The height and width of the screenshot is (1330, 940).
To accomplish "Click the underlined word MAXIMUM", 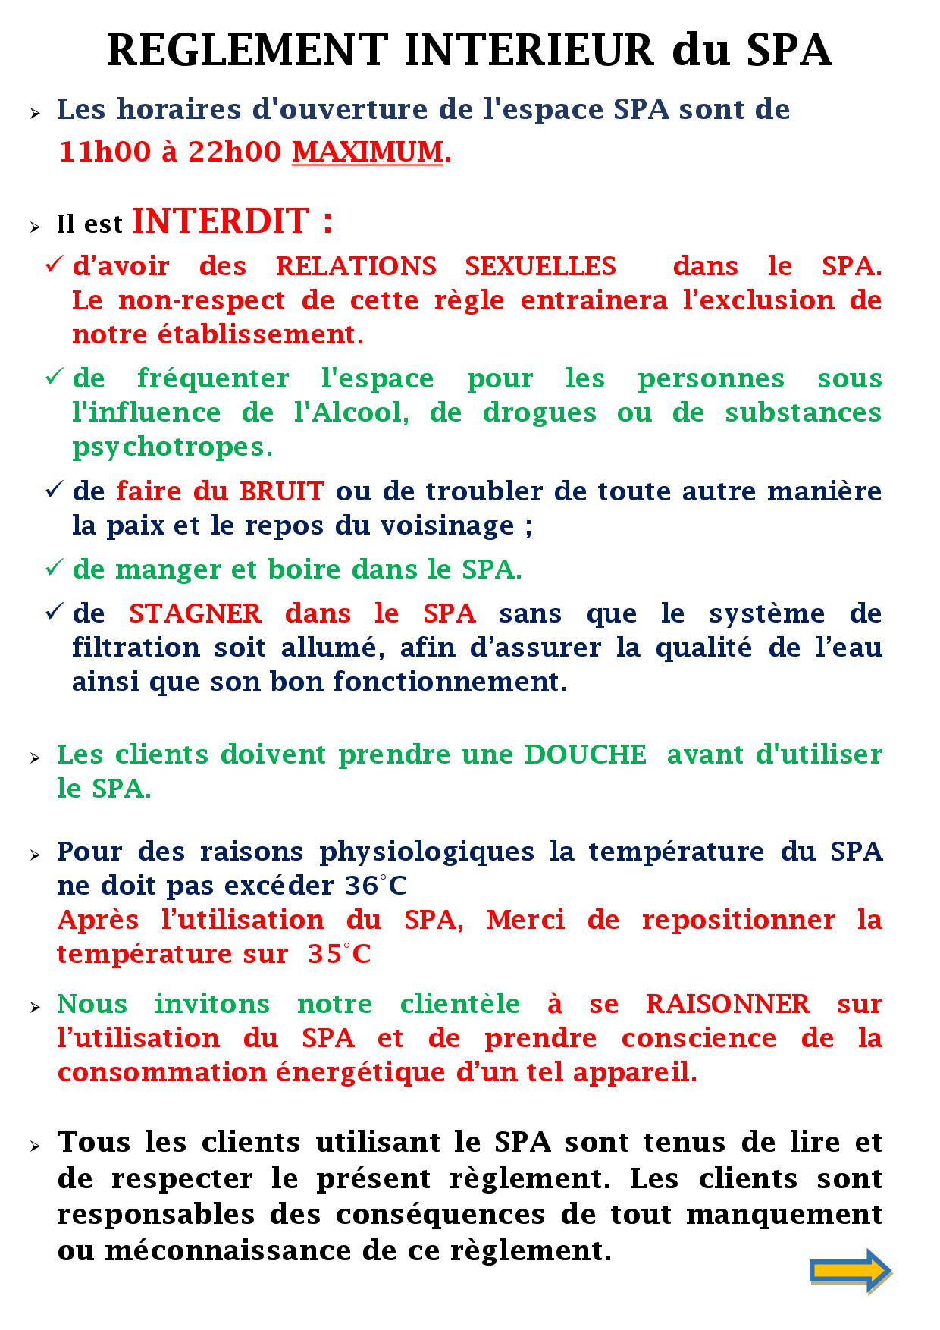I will [x=368, y=152].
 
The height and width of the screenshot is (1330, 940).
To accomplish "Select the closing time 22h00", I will [x=235, y=152].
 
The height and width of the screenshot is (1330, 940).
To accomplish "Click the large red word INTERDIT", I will [x=221, y=221].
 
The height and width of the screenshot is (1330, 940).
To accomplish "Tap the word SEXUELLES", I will [x=540, y=266].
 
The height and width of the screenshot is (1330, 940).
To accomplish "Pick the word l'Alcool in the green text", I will [x=352, y=412].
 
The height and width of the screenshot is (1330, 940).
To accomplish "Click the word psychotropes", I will [x=172, y=447].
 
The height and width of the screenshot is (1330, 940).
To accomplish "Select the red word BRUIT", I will [x=282, y=491].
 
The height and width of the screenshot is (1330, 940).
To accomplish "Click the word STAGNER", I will [x=195, y=613].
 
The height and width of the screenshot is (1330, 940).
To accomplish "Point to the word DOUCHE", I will [x=585, y=754].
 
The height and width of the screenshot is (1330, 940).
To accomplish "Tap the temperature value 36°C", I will [x=376, y=886].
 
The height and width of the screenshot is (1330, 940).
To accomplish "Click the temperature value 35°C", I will [x=340, y=954].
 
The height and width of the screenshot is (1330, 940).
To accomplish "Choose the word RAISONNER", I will [x=728, y=1004].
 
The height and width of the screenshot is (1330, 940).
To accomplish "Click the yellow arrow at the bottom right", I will [x=850, y=1269].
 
